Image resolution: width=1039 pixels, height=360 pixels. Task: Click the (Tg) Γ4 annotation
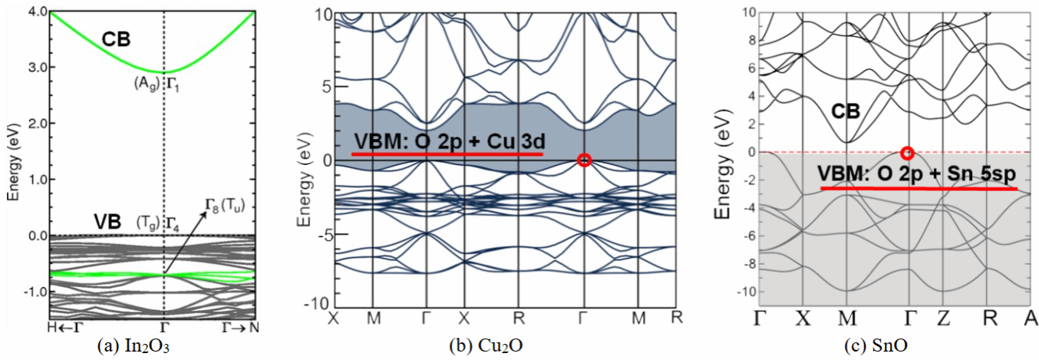click(160, 222)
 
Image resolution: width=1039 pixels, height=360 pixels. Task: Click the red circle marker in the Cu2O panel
click(585, 160)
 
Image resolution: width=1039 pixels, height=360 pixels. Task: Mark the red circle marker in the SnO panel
click(908, 153)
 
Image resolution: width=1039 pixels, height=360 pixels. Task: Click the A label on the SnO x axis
click(1030, 317)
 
